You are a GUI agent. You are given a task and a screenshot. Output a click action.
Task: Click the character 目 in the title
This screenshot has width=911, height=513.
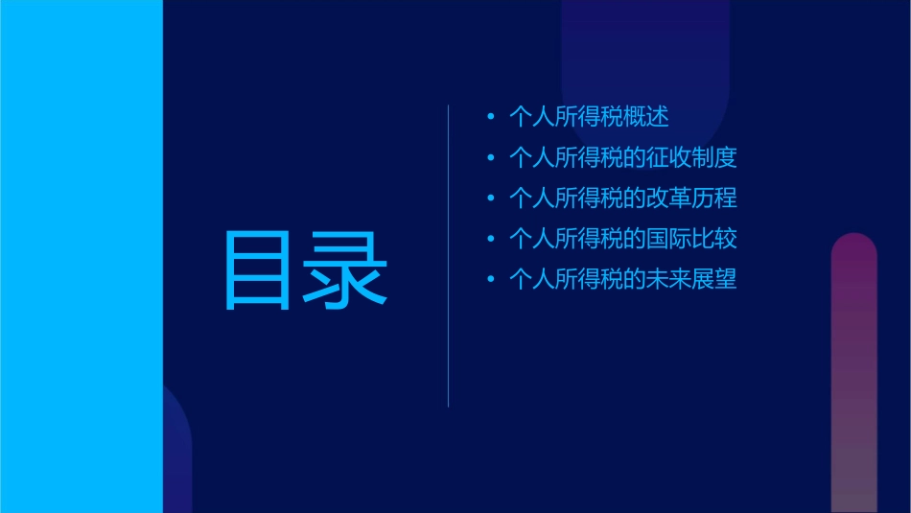click(x=257, y=270)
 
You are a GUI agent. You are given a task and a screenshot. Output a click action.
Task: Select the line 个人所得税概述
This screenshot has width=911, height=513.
click(x=588, y=117)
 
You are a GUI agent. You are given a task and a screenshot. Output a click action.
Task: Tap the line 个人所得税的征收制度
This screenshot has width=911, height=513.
click(x=622, y=158)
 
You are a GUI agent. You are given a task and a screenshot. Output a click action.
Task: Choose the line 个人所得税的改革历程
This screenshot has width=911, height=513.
click(x=622, y=198)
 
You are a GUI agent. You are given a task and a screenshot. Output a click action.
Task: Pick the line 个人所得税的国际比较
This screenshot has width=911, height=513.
click(x=622, y=239)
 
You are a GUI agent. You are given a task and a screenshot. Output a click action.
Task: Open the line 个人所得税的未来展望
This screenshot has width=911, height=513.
click(x=622, y=280)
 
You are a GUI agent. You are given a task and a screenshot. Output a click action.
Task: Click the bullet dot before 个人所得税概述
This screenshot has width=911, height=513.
click(x=491, y=118)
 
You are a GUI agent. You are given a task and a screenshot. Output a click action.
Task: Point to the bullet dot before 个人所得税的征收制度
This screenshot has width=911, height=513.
click(x=491, y=158)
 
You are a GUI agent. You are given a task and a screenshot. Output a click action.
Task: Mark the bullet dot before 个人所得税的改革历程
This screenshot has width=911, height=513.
click(x=491, y=198)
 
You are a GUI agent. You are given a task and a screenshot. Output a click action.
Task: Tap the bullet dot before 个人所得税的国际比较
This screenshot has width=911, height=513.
click(x=491, y=240)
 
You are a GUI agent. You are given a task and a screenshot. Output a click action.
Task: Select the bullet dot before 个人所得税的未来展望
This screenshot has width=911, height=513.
click(x=491, y=280)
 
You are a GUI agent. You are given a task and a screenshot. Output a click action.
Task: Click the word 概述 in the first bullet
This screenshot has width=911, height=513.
click(x=645, y=117)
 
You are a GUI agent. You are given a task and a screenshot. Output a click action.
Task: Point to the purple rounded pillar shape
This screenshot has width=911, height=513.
click(x=853, y=374)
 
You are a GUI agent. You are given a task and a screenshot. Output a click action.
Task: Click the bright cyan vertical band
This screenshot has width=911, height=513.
click(x=82, y=256)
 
